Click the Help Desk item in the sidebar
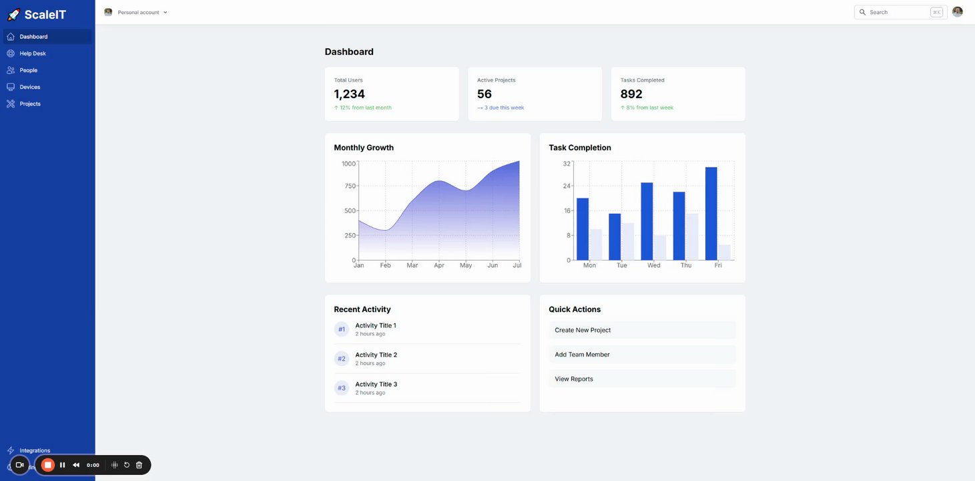33,53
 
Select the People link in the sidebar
28,70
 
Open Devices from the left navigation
29,87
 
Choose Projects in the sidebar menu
29,104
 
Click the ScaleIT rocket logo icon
13,14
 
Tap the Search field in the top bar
898,12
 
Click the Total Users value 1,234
350,94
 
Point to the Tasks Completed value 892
631,94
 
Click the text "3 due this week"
506,108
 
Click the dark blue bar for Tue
615,236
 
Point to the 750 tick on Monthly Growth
350,186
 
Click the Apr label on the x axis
439,266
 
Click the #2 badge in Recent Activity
342,359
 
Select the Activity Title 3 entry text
376,384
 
